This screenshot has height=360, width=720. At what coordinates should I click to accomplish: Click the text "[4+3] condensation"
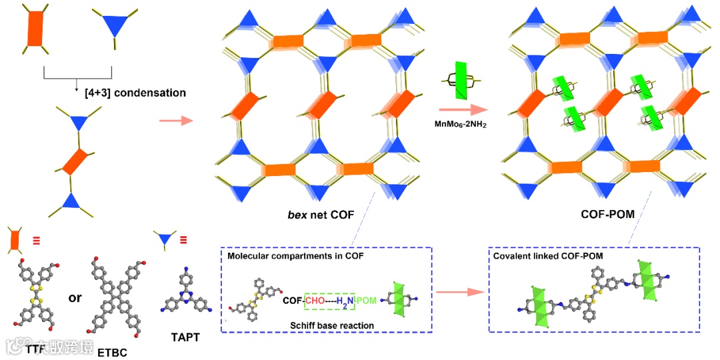(135, 93)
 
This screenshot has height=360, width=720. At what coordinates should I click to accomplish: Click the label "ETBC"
(111, 351)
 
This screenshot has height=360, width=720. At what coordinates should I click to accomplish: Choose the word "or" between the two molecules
(75, 297)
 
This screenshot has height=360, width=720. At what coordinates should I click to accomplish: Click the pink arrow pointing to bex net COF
(176, 121)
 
